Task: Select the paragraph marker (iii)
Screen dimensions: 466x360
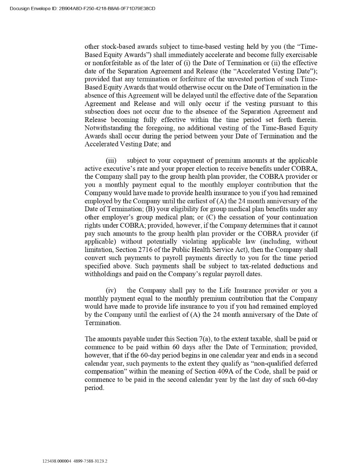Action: click(111, 160)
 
